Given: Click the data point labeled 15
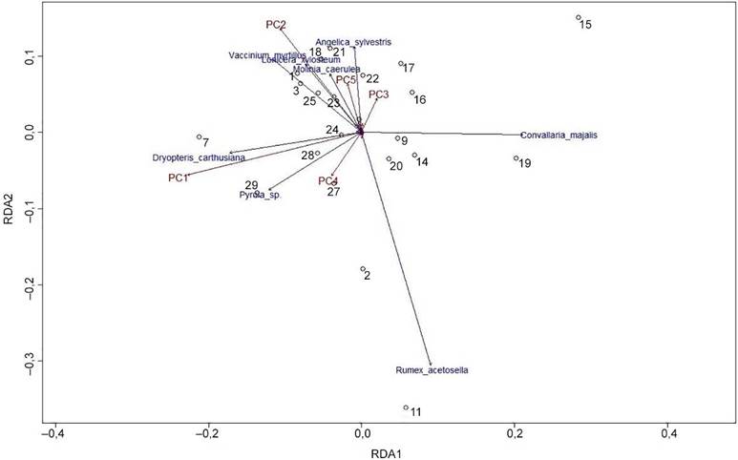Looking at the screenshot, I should point(579,18).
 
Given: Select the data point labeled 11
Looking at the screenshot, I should point(406,408).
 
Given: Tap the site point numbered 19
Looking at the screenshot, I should point(517,158).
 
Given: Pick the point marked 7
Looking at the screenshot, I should point(200,136).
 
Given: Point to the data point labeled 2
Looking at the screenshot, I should point(363,269).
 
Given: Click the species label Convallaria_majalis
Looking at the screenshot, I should point(559,136).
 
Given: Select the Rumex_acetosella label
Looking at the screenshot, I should point(431,370).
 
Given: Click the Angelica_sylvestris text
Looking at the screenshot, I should point(353,42).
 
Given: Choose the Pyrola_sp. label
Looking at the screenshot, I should point(261,195).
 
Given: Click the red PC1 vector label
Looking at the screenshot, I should point(179,178).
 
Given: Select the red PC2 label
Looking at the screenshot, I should point(275,25).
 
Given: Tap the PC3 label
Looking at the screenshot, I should point(378,94).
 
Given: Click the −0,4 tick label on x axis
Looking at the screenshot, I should point(54,434).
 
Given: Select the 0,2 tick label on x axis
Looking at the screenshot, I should point(516,434).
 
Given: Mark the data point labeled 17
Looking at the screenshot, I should point(401,64).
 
